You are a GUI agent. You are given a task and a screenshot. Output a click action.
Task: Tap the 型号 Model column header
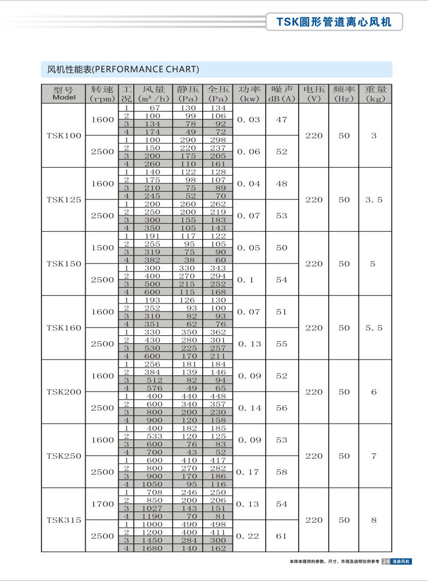coord(64,93)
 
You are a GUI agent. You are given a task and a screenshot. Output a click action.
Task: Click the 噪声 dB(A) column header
coord(282,93)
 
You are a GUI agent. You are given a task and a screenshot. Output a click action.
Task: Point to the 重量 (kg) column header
coord(374,93)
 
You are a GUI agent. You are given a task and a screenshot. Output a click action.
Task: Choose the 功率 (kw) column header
coord(250,93)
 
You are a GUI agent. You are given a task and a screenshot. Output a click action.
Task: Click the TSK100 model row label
coord(64,136)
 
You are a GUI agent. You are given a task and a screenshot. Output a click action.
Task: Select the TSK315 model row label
coord(64,520)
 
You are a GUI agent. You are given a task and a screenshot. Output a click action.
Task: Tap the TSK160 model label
coord(64,328)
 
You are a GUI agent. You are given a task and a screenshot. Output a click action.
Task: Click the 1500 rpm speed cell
coord(102,248)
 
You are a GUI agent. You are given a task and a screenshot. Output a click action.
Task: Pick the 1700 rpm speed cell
coord(102,504)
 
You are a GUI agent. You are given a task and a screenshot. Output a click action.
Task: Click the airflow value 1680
coord(152,549)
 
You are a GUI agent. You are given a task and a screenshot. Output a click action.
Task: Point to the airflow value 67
coord(152,108)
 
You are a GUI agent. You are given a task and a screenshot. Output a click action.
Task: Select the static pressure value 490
coord(188,524)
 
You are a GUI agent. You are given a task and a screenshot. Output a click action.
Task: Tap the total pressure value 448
coord(218,396)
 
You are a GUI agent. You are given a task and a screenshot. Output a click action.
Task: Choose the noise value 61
coord(282,536)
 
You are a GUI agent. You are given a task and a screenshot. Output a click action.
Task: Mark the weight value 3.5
coord(374,200)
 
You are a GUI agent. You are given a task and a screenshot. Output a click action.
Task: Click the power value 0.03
coord(248,120)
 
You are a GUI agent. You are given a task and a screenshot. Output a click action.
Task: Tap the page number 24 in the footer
coord(385,562)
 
